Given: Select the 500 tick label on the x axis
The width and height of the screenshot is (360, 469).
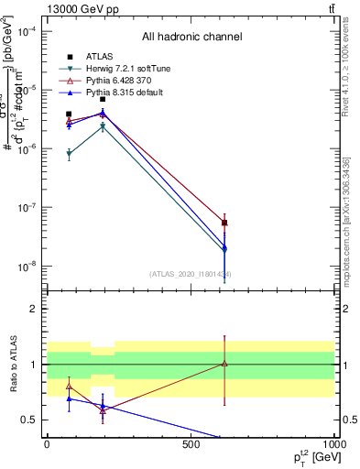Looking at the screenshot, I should tap(190, 444).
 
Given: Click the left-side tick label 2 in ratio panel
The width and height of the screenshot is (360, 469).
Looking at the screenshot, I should tap(34, 309).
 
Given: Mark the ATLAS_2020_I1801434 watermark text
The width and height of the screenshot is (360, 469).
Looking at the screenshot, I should tap(191, 274).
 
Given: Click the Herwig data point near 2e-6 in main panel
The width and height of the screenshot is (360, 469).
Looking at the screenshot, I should tap(103, 127).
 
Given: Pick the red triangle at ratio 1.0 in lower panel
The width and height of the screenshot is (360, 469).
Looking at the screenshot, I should tap(224, 364).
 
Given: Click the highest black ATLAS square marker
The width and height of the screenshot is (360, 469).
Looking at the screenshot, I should tap(103, 99).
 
